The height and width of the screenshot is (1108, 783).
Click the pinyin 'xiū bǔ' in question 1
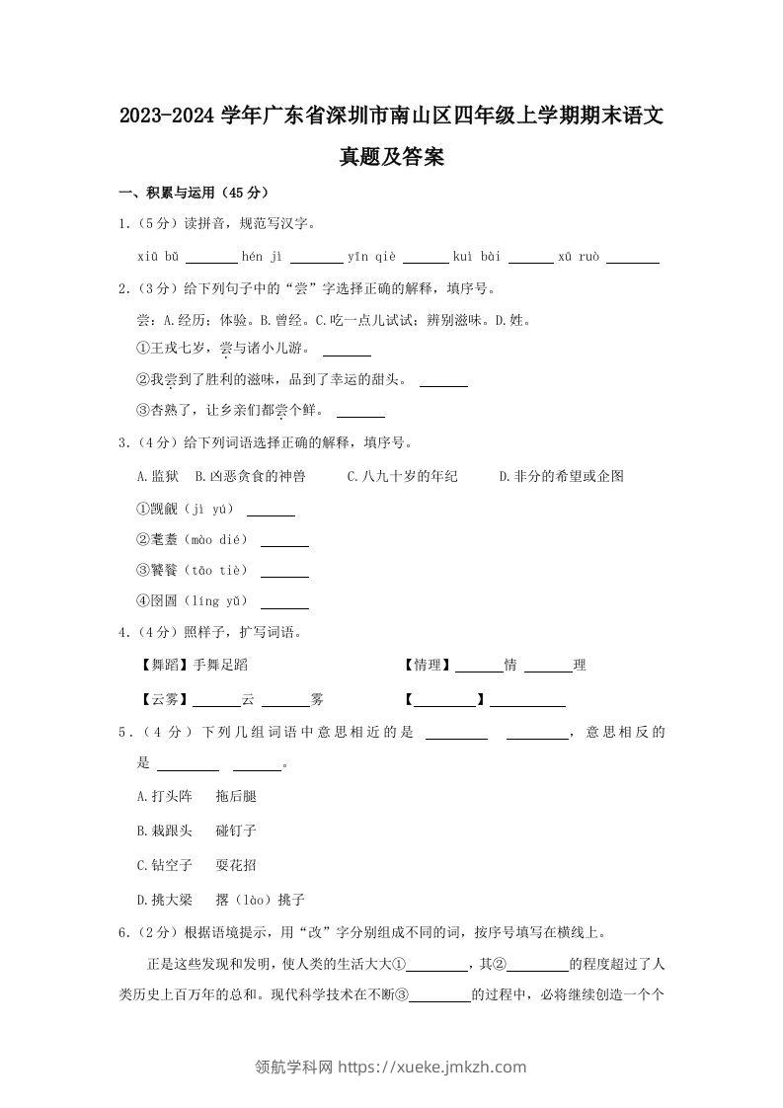point(158,256)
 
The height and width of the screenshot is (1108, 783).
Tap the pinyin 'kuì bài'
point(477,256)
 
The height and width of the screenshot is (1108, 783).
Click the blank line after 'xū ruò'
point(633,258)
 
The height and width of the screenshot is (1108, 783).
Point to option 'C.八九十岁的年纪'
point(402,476)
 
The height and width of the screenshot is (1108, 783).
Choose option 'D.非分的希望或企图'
point(561,476)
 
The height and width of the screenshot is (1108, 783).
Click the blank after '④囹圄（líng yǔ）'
point(284,602)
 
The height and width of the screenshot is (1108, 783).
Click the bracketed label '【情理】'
point(428,666)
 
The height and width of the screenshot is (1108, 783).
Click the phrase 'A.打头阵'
point(164,796)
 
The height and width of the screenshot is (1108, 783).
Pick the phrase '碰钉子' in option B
point(236,831)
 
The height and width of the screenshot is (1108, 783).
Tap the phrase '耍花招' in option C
point(236,865)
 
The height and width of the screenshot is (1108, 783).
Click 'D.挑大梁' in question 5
point(164,900)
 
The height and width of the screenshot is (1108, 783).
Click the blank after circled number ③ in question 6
point(440,996)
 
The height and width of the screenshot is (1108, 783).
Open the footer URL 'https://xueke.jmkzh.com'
point(432,1067)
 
